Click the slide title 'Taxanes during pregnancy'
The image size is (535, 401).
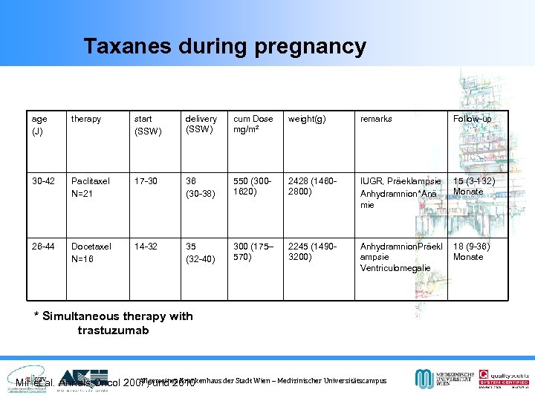click(x=224, y=47)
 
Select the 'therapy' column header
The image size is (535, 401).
click(x=87, y=119)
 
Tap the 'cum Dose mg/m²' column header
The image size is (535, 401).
click(x=253, y=124)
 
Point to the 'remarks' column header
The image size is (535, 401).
click(x=376, y=119)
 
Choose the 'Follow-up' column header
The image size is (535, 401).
click(x=472, y=119)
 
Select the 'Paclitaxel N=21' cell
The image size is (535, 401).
click(x=90, y=186)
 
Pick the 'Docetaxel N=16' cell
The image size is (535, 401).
click(x=91, y=252)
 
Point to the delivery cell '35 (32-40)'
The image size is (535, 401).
click(x=199, y=252)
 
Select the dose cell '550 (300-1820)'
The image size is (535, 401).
click(x=253, y=186)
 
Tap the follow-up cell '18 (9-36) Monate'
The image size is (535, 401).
click(x=473, y=252)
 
